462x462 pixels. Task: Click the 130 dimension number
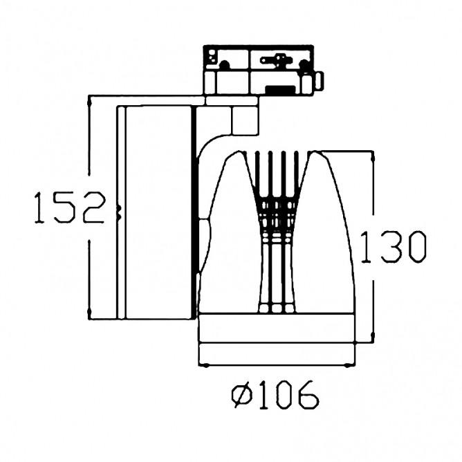tap(391, 247)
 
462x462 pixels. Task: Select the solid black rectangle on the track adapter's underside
tap(278, 89)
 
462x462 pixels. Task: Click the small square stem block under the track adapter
tap(244, 119)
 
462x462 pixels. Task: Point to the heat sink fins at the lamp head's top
tap(277, 169)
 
